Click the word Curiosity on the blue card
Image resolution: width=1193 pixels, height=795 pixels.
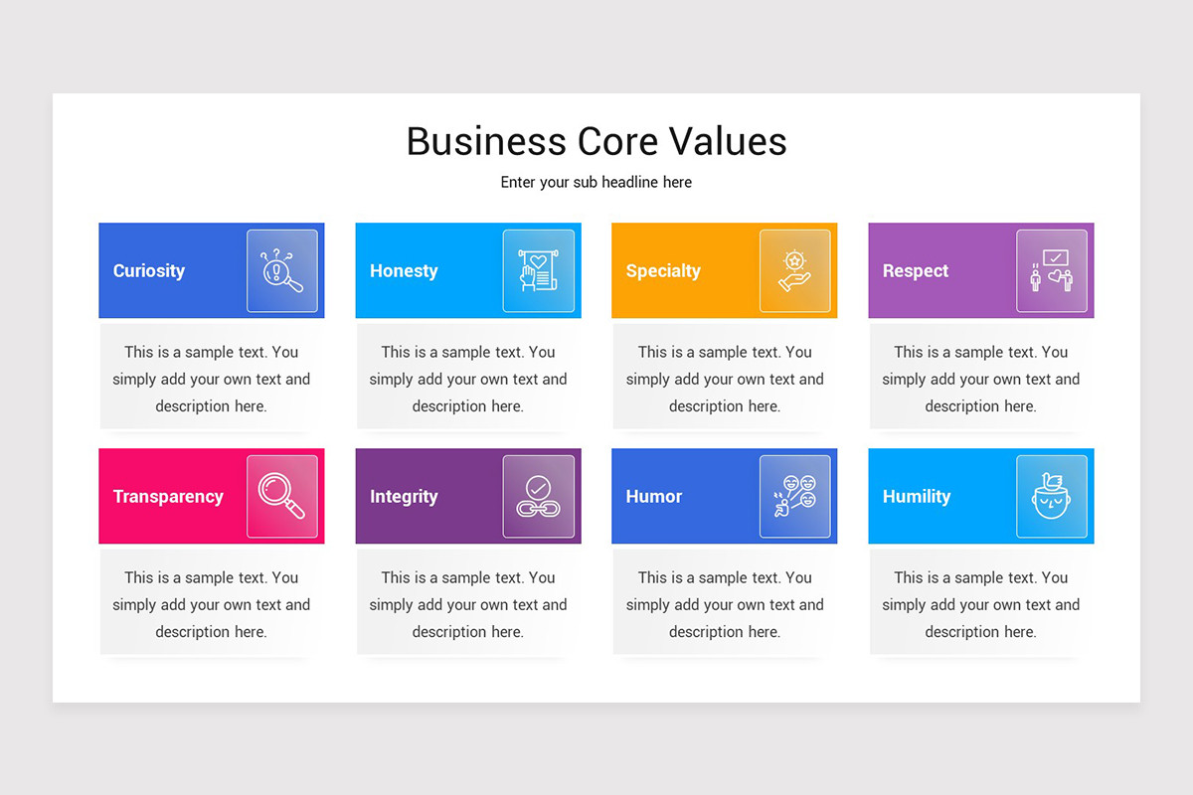click(149, 270)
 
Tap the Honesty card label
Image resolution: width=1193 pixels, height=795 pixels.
click(404, 270)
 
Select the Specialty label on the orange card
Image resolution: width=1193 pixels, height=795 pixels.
click(663, 270)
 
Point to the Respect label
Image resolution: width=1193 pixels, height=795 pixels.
click(916, 270)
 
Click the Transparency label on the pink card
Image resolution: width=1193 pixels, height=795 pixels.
click(168, 496)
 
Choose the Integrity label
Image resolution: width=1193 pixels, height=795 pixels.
click(404, 496)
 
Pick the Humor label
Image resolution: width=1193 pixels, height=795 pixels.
click(654, 496)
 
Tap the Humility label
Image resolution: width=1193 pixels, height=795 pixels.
click(917, 496)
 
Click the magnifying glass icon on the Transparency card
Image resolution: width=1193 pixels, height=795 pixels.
click(282, 496)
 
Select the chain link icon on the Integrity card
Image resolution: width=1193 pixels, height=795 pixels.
click(539, 496)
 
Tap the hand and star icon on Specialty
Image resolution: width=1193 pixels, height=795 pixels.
click(795, 271)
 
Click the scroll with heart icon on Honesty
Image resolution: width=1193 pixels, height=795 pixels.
click(539, 271)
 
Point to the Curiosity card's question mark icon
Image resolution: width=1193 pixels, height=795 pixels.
click(282, 271)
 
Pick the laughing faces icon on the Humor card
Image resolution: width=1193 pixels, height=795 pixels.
click(795, 496)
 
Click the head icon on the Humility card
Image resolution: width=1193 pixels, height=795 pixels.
click(1052, 496)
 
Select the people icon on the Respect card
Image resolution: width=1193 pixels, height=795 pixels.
click(1052, 271)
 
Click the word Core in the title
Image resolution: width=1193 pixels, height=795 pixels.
click(598, 141)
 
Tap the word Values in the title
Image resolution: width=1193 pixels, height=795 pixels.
click(728, 141)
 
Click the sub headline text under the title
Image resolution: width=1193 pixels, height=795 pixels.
click(596, 182)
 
